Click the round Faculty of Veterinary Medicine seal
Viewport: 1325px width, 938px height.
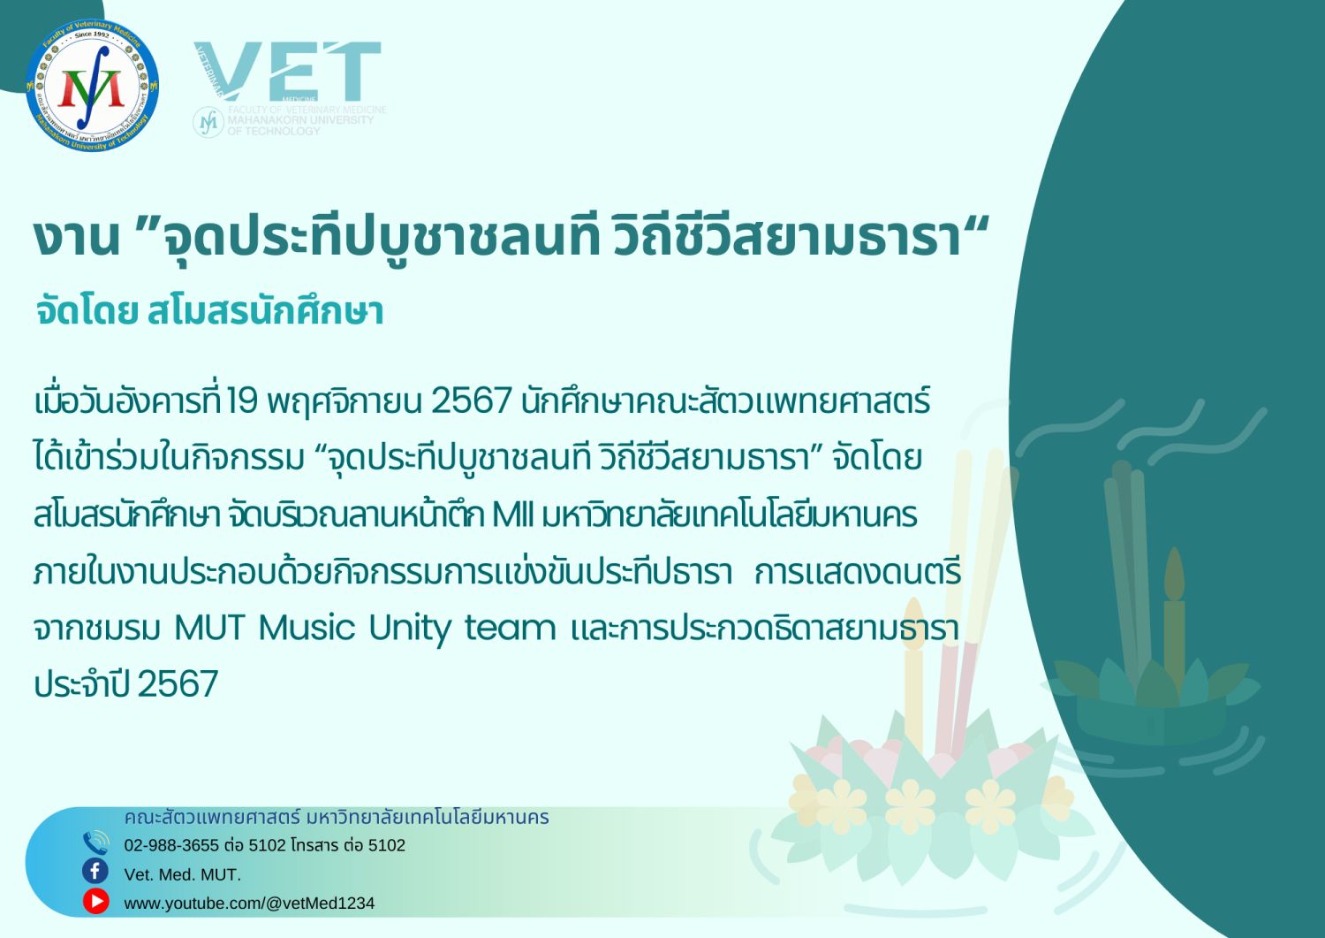click(92, 85)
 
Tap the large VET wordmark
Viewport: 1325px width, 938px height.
click(287, 71)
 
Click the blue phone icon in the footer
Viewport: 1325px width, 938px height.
click(95, 843)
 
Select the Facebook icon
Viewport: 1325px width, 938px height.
click(95, 872)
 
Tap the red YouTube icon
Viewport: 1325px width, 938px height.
click(95, 901)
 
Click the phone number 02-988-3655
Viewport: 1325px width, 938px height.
click(171, 845)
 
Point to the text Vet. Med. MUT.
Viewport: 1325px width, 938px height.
click(183, 874)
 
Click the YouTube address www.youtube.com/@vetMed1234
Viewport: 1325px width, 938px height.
click(249, 903)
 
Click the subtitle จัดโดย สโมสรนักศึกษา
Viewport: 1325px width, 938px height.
click(209, 311)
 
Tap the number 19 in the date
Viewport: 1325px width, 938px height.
click(243, 400)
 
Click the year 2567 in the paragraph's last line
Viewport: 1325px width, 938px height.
click(178, 684)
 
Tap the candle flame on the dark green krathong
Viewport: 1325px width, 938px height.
click(1174, 574)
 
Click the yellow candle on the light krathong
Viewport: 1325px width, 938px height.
click(914, 675)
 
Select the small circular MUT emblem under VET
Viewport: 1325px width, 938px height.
click(208, 122)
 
